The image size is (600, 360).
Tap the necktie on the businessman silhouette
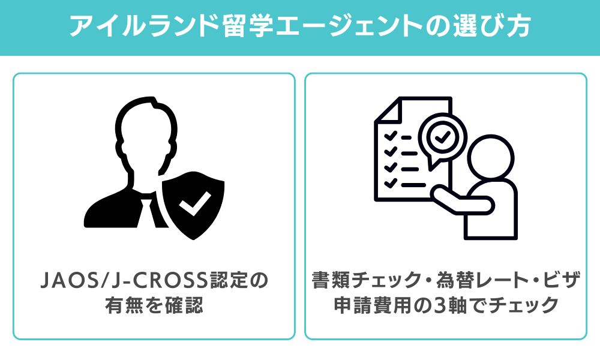coord(148,213)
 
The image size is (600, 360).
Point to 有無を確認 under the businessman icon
coord(154,305)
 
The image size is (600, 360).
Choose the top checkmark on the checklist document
coord(391,136)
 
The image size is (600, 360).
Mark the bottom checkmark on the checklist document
coord(391,184)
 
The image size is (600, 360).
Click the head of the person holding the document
coord(490,158)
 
